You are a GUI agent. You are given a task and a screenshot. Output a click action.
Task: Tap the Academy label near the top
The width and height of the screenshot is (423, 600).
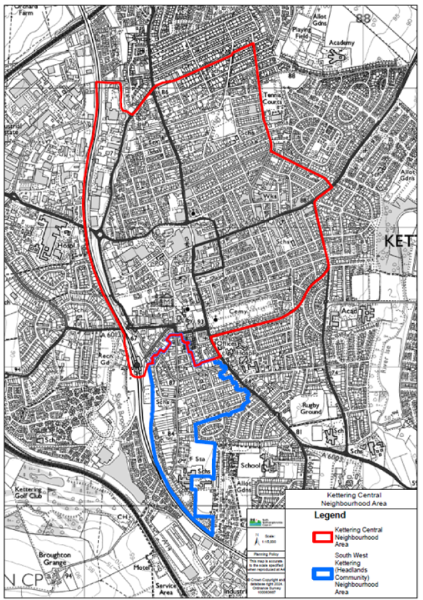point(341,43)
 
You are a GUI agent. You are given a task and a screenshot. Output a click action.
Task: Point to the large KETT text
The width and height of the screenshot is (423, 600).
point(400,242)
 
